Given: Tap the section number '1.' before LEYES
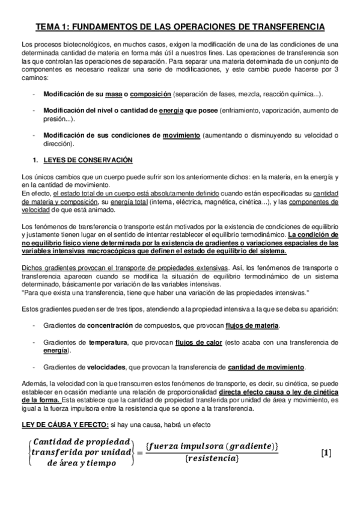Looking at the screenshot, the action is point(35,161).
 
